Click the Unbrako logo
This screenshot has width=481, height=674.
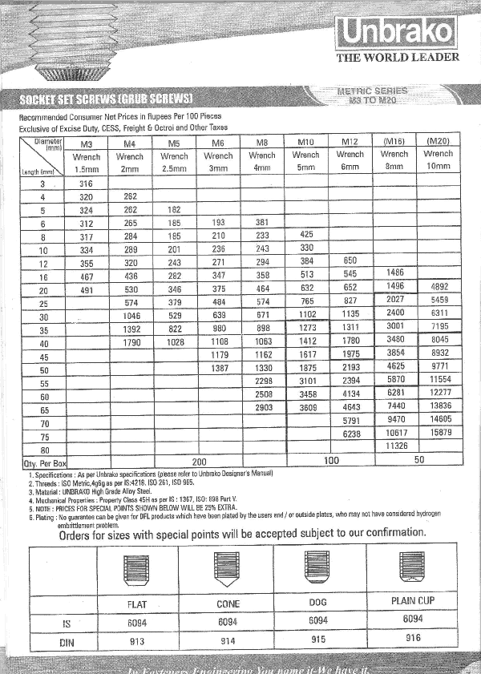click(397, 33)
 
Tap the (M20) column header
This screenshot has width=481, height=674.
click(438, 141)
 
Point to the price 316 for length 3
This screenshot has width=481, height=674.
click(86, 184)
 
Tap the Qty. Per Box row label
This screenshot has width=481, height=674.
click(44, 463)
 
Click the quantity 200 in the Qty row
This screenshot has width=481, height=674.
click(198, 462)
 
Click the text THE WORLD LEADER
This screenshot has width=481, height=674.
click(398, 58)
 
